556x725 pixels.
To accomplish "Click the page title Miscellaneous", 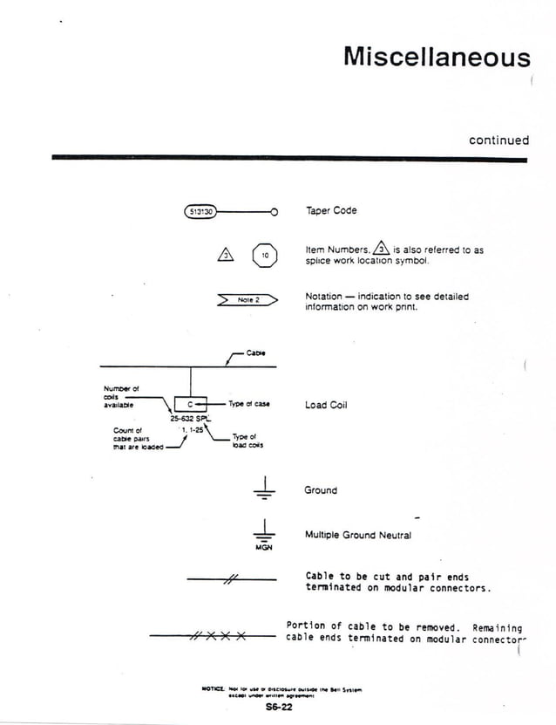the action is (x=437, y=57).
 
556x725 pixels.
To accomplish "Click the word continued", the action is (x=498, y=140).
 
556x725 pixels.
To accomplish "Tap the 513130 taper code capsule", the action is (x=201, y=211).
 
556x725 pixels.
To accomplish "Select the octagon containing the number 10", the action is (x=265, y=256).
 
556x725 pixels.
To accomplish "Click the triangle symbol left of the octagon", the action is (x=225, y=255).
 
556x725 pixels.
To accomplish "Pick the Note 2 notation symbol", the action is (x=247, y=300).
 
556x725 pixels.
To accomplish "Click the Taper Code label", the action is (x=331, y=211).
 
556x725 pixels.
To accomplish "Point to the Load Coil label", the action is (x=326, y=405).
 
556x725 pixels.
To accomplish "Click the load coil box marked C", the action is (x=191, y=404).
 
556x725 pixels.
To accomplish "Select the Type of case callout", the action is (x=249, y=404).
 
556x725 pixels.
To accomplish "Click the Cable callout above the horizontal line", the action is (x=255, y=352).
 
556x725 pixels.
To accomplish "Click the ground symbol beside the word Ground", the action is (x=264, y=490).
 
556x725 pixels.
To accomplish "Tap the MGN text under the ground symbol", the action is (x=264, y=548).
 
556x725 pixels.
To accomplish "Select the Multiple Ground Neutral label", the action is (x=357, y=535).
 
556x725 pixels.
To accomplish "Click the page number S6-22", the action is (x=279, y=708).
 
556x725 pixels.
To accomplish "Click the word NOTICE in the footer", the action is (x=212, y=688).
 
